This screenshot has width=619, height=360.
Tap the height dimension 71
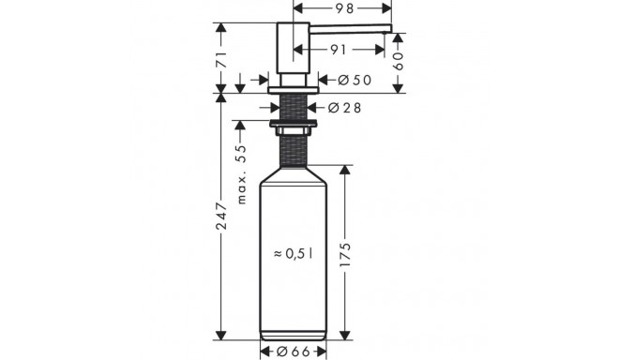(x=221, y=58)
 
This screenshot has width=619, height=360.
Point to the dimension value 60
(x=398, y=62)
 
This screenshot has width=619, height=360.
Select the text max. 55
(x=241, y=174)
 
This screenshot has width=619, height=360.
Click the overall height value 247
(x=221, y=217)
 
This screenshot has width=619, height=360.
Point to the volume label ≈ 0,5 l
(x=294, y=253)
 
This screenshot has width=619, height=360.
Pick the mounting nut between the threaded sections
(x=294, y=123)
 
